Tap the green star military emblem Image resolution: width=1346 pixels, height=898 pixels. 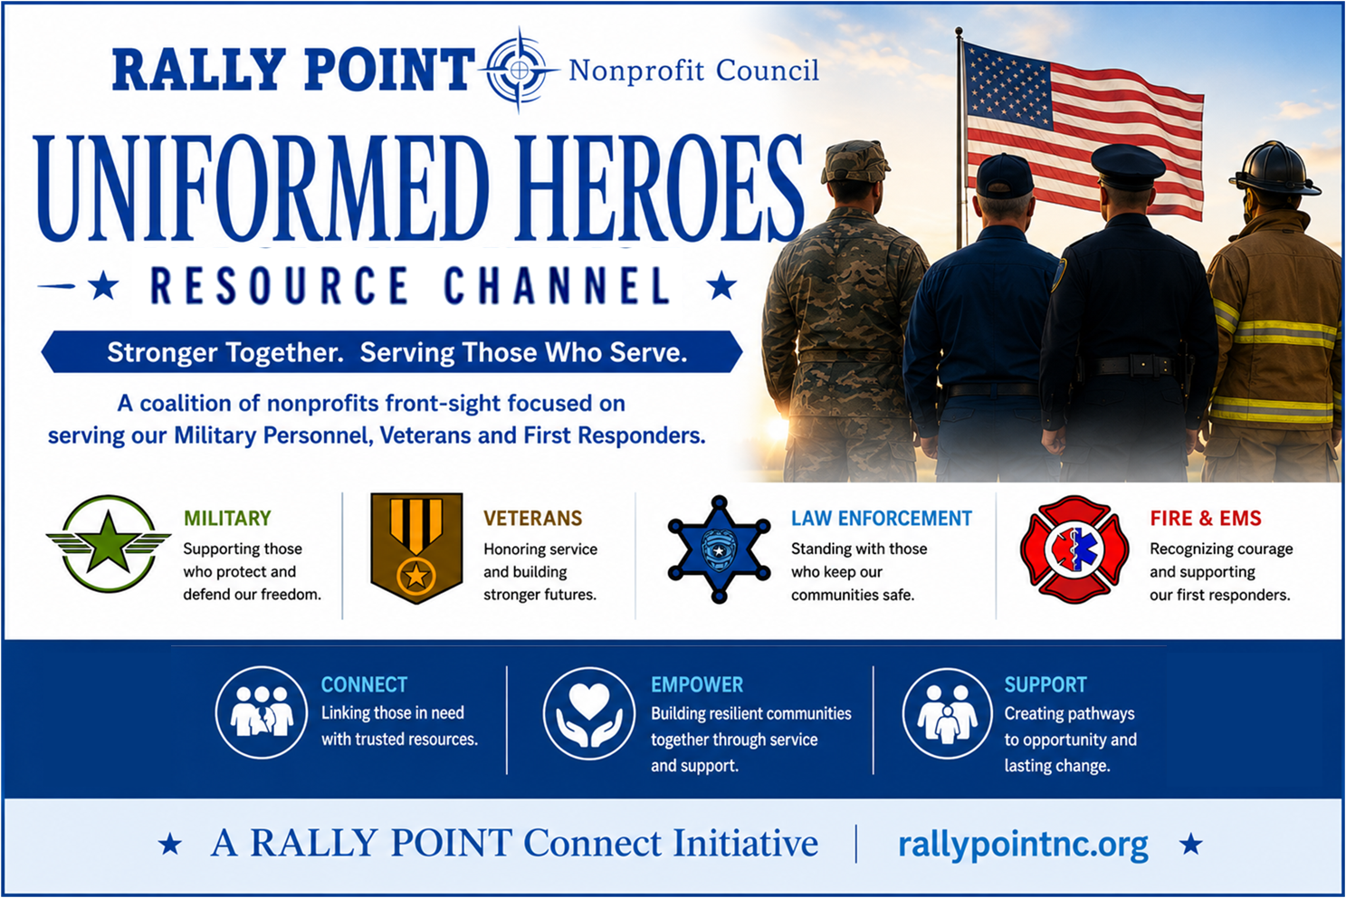click(x=108, y=543)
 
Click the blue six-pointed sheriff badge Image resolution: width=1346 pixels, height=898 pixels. click(x=720, y=549)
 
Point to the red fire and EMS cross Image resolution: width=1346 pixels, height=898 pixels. click(x=1074, y=549)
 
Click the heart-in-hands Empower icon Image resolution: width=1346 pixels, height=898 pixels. click(x=589, y=713)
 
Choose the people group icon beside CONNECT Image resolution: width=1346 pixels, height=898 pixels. click(x=262, y=712)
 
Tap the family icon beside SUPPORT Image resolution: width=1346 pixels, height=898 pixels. click(x=948, y=713)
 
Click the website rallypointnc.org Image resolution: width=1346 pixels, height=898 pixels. click(x=1023, y=845)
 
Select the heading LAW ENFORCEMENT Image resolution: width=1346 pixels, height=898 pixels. click(x=881, y=518)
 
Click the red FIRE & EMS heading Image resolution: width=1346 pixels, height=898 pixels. click(x=1206, y=518)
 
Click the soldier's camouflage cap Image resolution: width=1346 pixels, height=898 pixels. click(x=854, y=161)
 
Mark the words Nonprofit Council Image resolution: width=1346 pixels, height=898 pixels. click(x=693, y=71)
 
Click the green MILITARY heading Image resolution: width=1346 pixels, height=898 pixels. click(x=227, y=518)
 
